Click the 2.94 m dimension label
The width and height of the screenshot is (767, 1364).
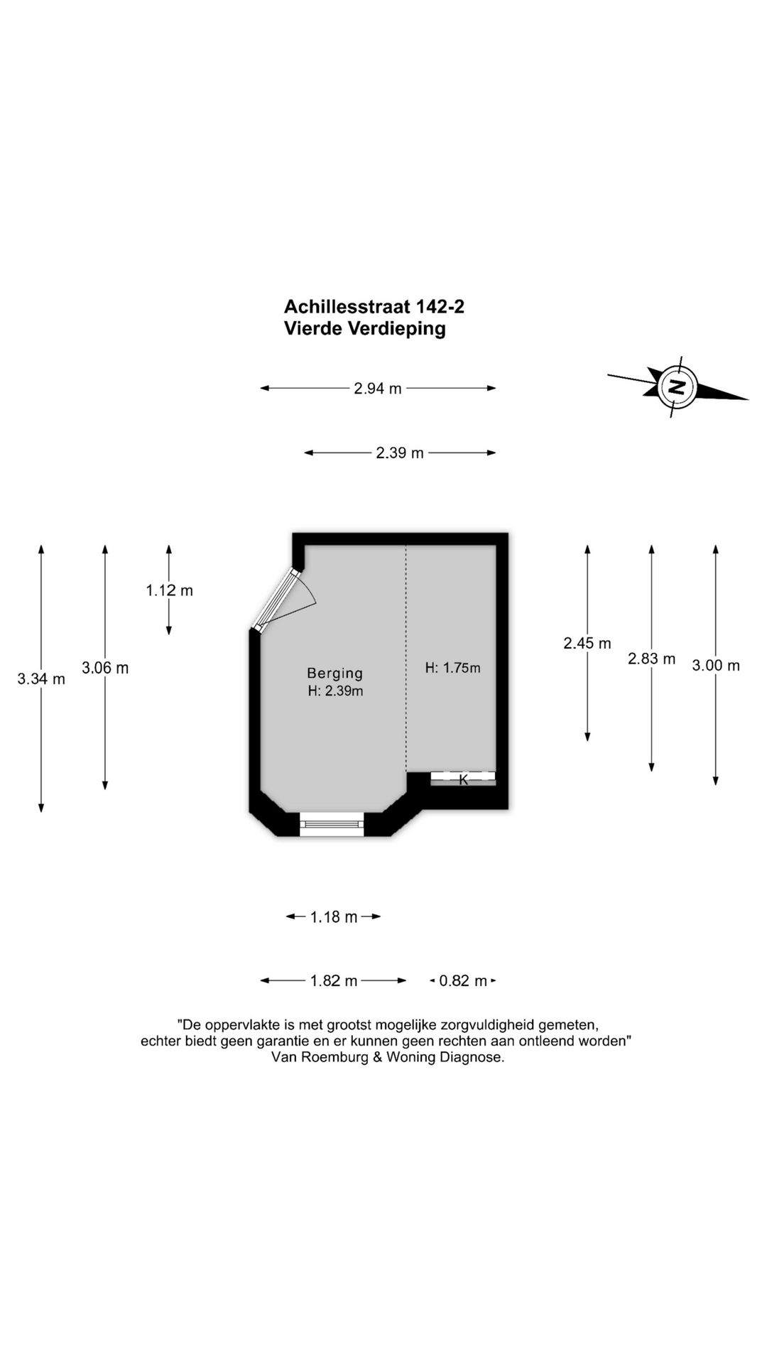378,389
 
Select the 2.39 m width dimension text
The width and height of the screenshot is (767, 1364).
400,453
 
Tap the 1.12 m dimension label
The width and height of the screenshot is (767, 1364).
170,590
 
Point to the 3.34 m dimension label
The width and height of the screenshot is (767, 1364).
41,679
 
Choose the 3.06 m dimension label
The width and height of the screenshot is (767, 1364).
105,668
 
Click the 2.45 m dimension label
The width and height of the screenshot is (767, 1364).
587,644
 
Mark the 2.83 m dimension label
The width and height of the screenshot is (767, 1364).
651,659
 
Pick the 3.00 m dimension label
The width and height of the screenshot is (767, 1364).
716,666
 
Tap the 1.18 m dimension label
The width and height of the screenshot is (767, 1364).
334,917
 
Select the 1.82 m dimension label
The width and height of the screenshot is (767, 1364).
334,981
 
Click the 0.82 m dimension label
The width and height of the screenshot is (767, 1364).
463,981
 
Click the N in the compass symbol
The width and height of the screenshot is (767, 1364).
677,387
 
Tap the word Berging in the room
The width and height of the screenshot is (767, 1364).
335,673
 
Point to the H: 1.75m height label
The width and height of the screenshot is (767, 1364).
453,668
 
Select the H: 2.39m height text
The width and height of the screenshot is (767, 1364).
335,691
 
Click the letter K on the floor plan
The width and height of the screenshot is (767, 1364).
464,780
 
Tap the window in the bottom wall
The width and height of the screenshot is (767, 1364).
331,824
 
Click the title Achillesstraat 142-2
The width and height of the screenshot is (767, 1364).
374,307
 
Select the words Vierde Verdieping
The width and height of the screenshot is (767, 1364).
365,329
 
